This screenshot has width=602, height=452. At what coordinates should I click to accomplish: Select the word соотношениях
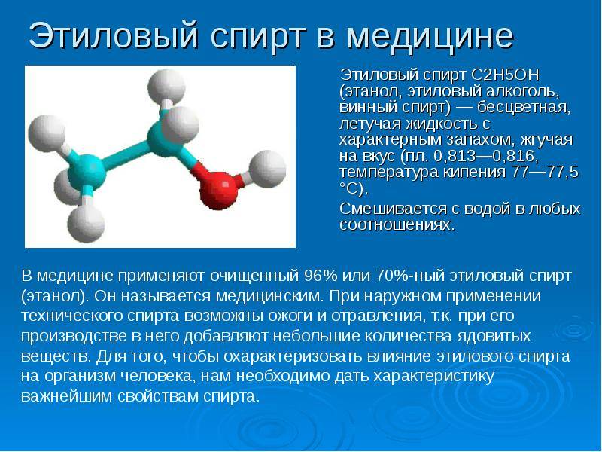(397, 224)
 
